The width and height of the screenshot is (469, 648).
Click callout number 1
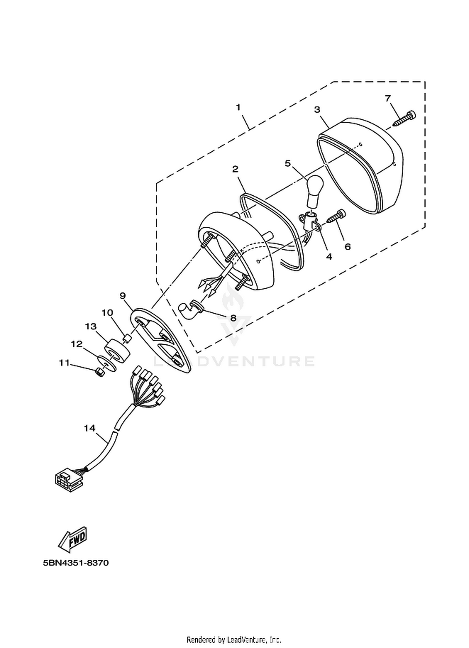(x=238, y=107)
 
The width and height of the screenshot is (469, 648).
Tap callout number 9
(x=122, y=295)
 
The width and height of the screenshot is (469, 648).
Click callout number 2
(x=235, y=169)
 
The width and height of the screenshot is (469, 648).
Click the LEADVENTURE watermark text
(x=234, y=361)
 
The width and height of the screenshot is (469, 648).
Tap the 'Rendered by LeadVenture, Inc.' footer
(x=234, y=639)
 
